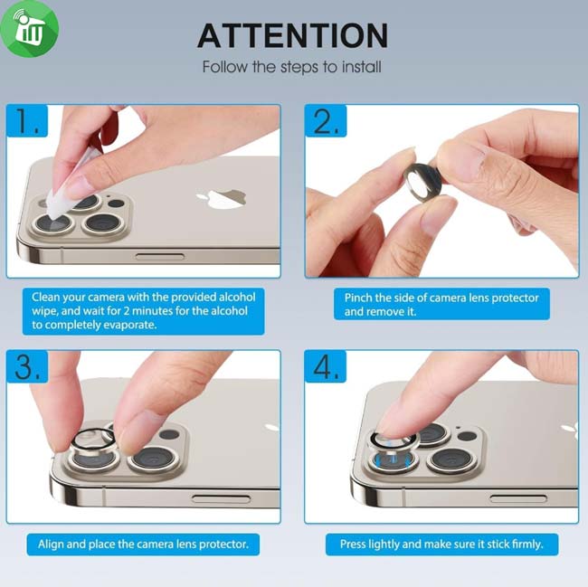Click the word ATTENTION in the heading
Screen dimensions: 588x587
(292, 35)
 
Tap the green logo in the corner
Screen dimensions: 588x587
(29, 28)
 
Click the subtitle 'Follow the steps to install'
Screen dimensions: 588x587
(292, 67)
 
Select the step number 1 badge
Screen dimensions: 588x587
(27, 120)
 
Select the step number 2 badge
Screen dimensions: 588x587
(326, 120)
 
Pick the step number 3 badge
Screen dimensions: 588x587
(27, 366)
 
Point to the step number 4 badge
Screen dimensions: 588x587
(326, 366)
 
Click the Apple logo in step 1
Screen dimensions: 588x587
(222, 199)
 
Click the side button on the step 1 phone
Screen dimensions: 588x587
(160, 256)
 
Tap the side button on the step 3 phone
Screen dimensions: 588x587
(221, 499)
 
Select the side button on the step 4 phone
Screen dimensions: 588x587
(518, 498)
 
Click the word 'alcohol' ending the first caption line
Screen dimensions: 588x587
(237, 298)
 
